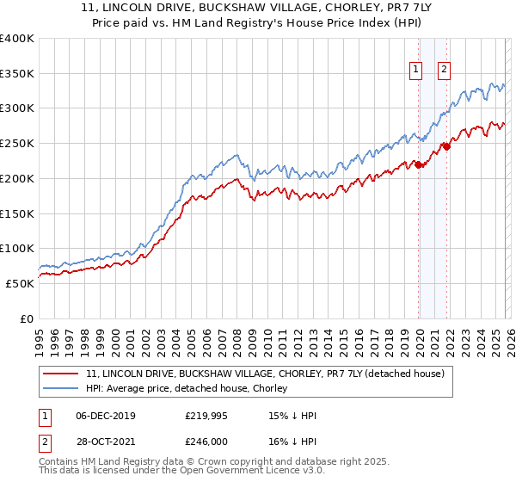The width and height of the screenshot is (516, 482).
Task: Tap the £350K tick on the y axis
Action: tap(17, 74)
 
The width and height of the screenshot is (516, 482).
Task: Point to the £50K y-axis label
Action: tap(20, 283)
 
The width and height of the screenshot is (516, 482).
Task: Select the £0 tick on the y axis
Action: tap(28, 318)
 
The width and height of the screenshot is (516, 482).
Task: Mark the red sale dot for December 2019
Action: tap(419, 164)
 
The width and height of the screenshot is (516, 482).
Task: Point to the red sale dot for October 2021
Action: tap(447, 146)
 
